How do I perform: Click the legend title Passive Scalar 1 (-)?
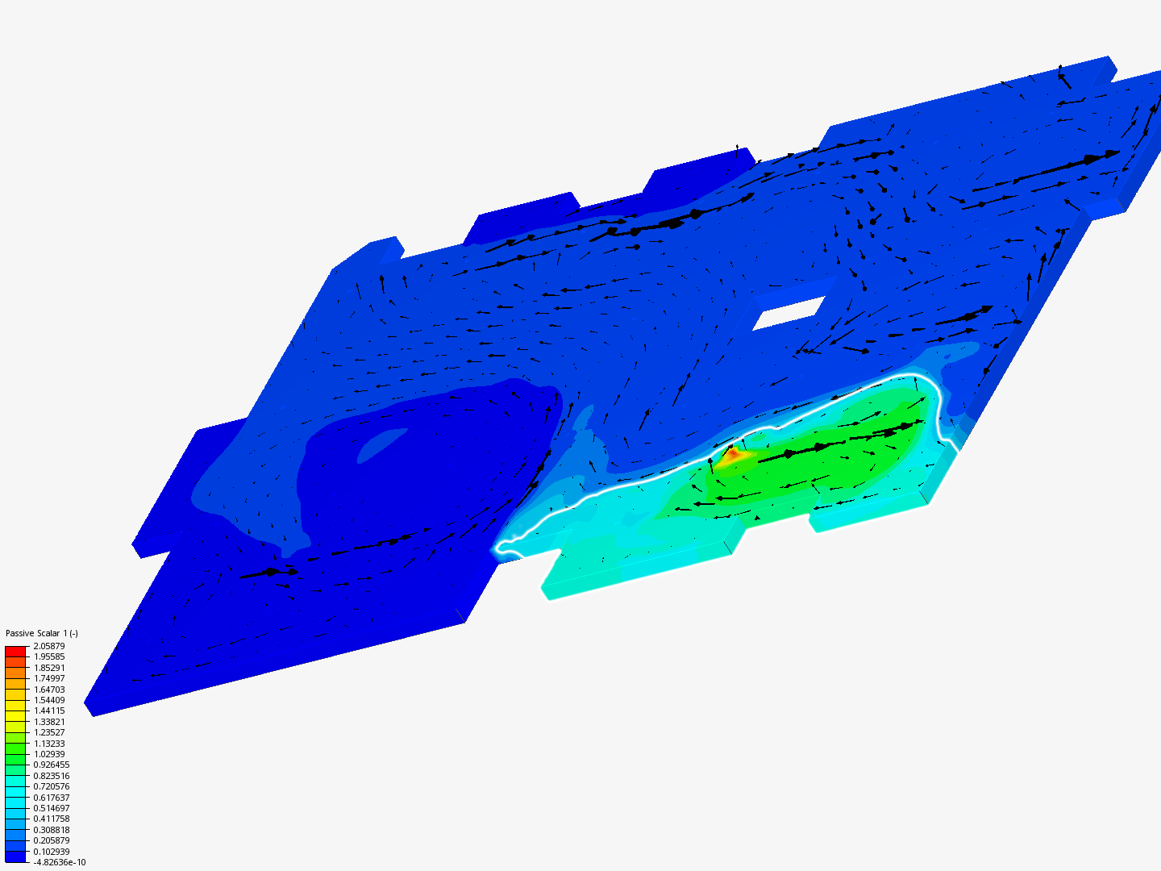pos(42,633)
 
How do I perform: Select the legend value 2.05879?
pos(49,646)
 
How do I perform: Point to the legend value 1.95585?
pos(49,656)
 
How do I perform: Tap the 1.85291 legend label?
pos(49,668)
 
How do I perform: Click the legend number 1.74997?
pos(49,678)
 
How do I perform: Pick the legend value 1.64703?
pos(49,690)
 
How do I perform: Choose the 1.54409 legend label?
pos(49,700)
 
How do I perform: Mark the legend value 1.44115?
pos(49,711)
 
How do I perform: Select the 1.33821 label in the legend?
pos(49,722)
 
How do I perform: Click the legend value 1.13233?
pos(49,744)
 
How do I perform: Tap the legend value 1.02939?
pos(49,754)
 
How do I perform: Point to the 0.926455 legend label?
pos(52,765)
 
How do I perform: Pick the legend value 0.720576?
pos(52,786)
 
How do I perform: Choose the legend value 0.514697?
pos(52,808)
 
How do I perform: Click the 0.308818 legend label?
pos(52,830)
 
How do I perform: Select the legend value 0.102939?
pos(52,852)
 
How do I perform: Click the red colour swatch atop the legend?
pos(15,651)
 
